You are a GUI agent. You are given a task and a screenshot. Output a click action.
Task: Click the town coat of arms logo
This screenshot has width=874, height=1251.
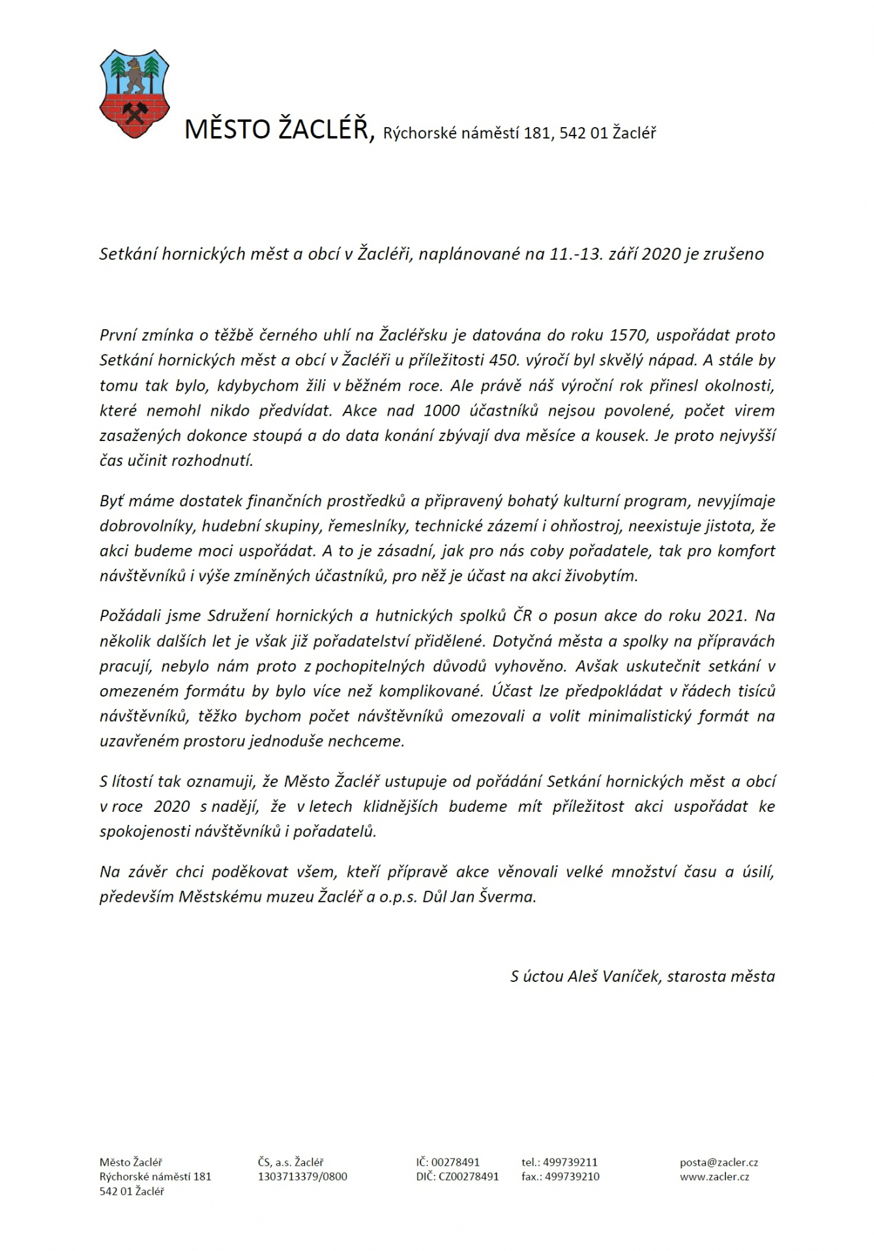coord(134,93)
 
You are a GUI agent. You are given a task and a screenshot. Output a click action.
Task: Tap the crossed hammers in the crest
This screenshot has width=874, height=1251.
coord(135,111)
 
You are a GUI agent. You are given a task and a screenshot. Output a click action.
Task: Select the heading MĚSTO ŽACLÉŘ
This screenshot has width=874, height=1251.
coord(278,129)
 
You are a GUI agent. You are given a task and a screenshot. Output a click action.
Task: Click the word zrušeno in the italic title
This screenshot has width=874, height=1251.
coord(733,253)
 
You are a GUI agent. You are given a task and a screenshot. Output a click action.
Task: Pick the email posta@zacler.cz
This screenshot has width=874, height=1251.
coord(718,1162)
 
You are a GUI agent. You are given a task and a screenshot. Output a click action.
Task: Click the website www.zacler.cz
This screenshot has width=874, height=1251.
coord(714,1176)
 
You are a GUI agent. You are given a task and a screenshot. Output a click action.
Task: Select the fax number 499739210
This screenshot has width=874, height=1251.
coord(572,1176)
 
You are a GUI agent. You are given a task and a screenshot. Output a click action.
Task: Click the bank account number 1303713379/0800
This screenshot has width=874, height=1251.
coord(302,1176)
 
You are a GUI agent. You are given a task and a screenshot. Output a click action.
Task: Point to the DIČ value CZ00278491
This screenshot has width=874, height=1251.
coord(469,1176)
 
